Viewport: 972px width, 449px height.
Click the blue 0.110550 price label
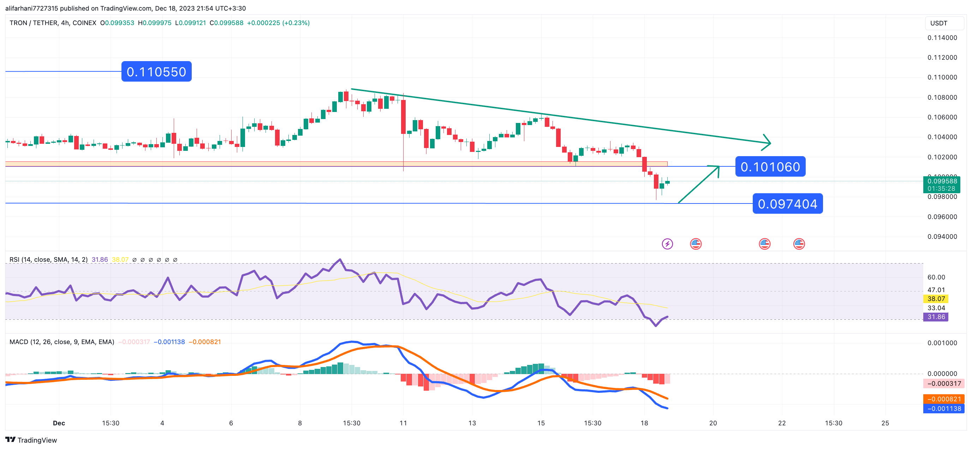[156, 72]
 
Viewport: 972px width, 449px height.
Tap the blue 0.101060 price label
[770, 166]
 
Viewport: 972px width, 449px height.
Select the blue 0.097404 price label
[787, 204]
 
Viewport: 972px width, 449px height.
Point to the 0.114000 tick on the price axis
[942, 38]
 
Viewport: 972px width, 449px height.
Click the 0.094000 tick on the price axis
[942, 237]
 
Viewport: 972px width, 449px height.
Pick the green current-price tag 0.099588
[941, 181]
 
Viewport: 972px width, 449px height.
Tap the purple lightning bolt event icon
[667, 244]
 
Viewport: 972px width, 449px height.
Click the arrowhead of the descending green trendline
[769, 143]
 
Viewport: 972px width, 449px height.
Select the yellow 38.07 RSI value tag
[936, 299]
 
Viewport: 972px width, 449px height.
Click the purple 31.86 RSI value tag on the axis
[936, 317]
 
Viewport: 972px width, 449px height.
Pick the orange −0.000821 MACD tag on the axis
[944, 399]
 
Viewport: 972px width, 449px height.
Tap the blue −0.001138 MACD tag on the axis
[944, 409]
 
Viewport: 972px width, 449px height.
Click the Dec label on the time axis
[59, 423]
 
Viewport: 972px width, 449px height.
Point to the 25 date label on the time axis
[885, 423]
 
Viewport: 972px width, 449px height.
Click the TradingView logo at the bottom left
[31, 440]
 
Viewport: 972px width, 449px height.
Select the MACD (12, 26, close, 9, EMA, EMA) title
[62, 342]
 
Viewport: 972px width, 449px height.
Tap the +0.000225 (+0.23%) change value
[278, 23]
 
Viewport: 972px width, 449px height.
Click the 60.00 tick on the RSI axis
[936, 277]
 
